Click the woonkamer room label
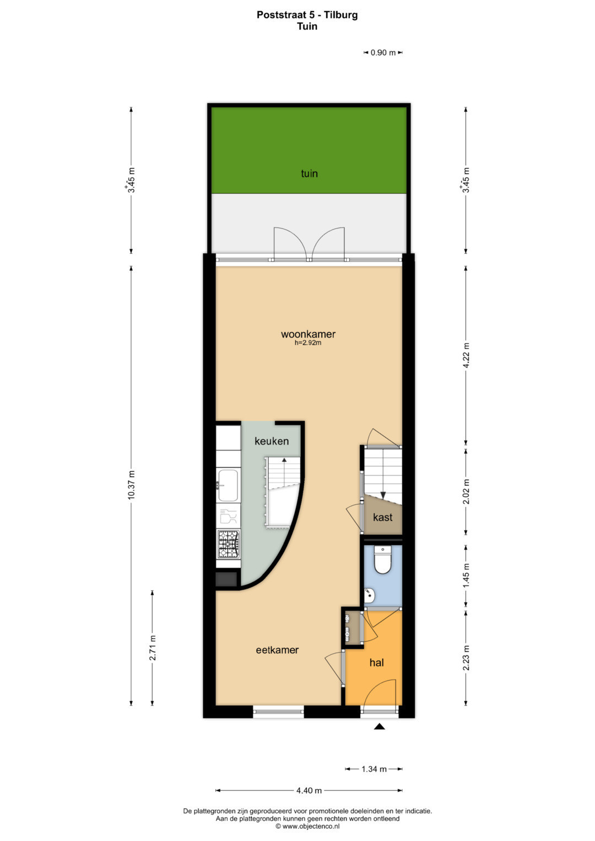308,334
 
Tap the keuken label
272,441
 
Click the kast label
382,517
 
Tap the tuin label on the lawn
309,173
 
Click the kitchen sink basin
228,485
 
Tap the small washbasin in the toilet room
369,595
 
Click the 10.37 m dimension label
131,485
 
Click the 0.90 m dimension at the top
383,52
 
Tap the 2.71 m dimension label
152,648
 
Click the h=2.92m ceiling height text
308,343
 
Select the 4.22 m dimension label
466,356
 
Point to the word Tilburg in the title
341,15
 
